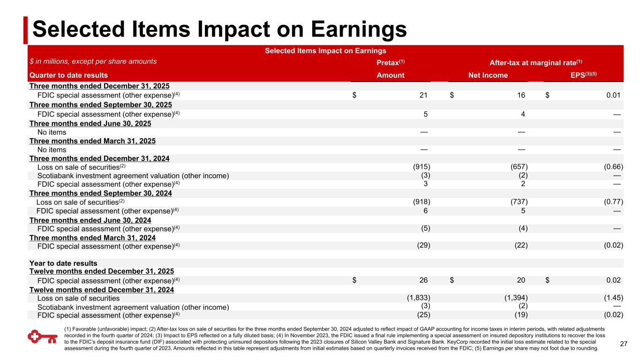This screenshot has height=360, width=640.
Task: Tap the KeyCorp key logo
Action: click(40, 337)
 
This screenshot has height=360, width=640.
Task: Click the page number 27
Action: click(623, 345)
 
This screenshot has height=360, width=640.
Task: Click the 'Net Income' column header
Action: click(488, 75)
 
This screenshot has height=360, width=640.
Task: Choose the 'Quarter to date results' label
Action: click(68, 75)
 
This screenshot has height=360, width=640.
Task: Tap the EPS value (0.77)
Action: click(613, 202)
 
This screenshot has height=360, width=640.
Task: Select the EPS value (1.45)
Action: click(613, 298)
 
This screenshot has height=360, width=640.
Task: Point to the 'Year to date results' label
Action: click(63, 263)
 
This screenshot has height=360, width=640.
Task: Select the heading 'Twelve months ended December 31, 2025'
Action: click(102, 271)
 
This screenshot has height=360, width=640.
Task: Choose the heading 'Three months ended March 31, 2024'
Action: click(92, 238)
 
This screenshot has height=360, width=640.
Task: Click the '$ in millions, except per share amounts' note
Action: click(93, 61)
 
